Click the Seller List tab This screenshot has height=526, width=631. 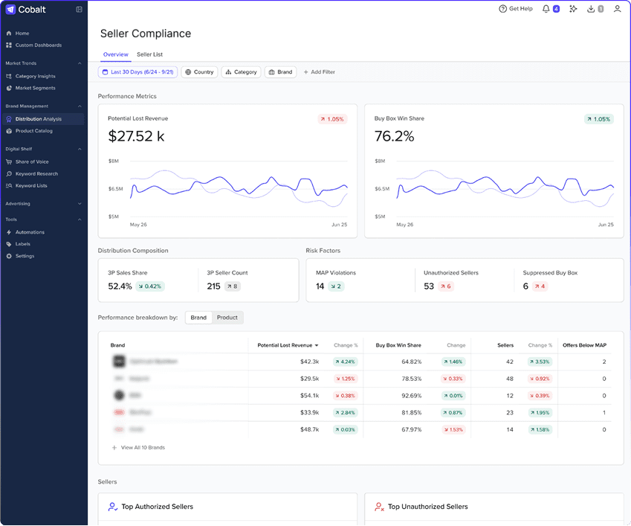point(149,54)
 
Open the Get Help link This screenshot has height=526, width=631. point(516,9)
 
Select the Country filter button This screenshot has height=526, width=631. point(199,72)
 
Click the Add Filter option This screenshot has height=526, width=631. point(319,72)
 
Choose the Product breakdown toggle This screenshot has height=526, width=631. point(227,318)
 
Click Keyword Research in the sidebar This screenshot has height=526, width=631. point(36,173)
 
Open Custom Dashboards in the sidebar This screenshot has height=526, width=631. point(38,45)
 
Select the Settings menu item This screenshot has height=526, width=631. point(25,256)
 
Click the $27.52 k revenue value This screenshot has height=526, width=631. point(137,136)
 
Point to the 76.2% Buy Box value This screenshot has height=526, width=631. point(394,136)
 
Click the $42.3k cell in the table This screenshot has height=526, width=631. point(309,362)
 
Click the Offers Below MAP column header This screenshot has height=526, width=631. point(584,345)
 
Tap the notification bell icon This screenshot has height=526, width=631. point(546,9)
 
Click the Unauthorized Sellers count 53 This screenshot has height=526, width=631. point(429,286)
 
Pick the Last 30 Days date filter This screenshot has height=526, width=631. point(137,72)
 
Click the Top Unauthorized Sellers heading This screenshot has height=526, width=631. point(427,507)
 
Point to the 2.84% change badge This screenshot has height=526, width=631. point(345,413)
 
